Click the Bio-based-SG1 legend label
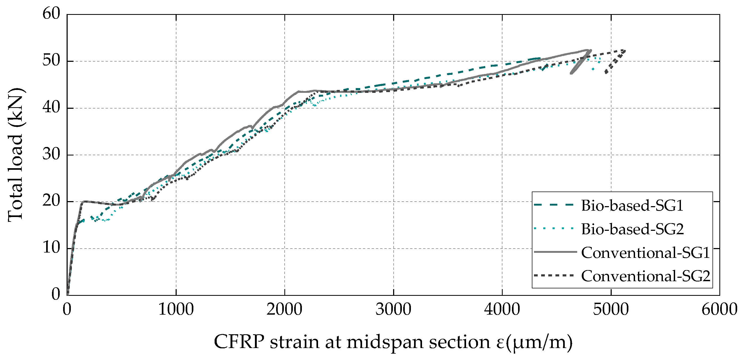pos(632,206)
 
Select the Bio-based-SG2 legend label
pos(632,229)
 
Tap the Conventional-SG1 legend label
pos(645,253)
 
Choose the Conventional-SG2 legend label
pos(645,276)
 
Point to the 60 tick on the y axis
pos(51,14)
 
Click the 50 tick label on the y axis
pos(51,60)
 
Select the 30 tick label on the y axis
pos(51,154)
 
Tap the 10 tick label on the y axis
pos(51,248)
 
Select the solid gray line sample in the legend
pos(555,252)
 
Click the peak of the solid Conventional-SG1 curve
pos(590,50)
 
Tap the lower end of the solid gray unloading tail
pos(571,73)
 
